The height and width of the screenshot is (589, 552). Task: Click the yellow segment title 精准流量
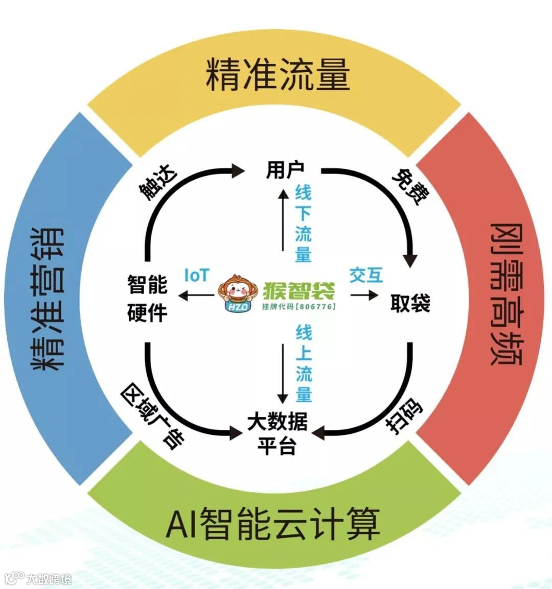tap(278, 75)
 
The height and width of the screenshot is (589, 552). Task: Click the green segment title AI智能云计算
tap(273, 524)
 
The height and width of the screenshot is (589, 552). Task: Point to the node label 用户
tap(285, 169)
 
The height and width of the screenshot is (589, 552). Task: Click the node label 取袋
tap(410, 303)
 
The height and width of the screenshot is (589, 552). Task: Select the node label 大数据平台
tap(277, 434)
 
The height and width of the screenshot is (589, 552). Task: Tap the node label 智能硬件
tap(147, 298)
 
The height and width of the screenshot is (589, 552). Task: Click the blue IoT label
tap(197, 276)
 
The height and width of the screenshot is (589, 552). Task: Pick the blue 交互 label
tap(366, 275)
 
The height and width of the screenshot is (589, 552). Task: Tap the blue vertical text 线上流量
tap(303, 363)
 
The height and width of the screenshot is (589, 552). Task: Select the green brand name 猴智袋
tap(299, 291)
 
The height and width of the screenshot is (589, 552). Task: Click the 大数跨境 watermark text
tap(49, 579)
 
